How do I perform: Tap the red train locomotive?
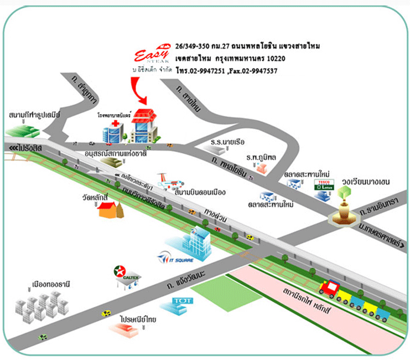pyautogui.click(x=330, y=289)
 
